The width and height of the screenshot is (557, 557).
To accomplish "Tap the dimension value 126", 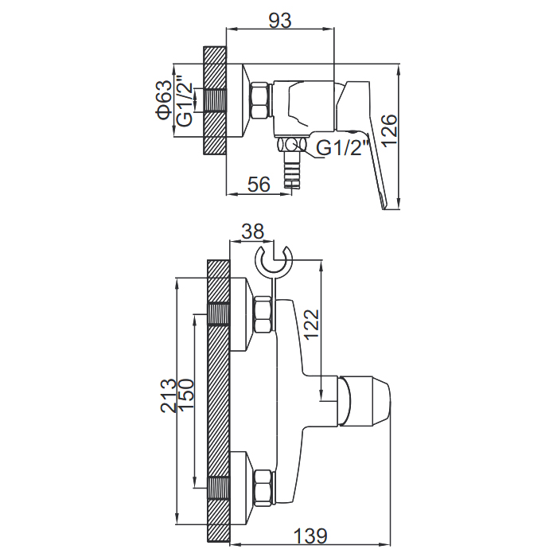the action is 390,130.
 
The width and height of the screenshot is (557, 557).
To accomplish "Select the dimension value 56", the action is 259,185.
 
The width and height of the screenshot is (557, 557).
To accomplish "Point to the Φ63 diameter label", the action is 163,99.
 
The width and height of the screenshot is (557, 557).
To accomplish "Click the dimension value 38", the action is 252,232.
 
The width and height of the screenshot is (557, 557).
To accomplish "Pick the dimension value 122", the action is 312,325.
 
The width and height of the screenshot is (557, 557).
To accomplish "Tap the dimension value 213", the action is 168,395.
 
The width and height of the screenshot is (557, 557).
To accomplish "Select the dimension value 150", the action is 186,395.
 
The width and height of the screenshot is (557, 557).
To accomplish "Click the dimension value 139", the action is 310,536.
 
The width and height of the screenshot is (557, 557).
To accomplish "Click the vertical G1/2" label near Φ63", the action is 185,100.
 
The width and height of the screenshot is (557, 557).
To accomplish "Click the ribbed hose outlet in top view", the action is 292,169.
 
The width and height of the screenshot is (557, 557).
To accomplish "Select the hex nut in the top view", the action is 260,100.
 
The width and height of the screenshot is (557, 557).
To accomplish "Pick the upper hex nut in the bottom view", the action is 264,315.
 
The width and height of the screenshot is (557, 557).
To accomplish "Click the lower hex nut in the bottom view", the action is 264,488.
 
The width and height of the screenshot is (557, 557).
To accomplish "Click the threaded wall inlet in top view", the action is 215,101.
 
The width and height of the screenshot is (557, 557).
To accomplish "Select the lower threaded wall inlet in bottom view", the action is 219,488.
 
